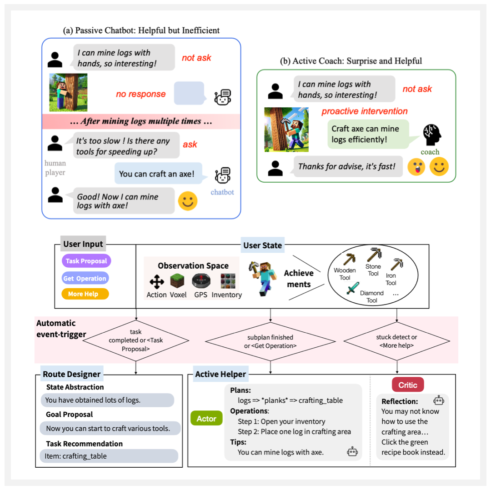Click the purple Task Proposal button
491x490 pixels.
coord(86,261)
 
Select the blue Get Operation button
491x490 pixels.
coord(85,278)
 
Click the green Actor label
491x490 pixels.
coord(206,418)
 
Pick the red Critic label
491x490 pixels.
coord(408,385)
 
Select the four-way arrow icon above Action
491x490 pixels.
coord(157,282)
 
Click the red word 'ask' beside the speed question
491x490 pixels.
coord(190,144)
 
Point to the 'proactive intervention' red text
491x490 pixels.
coord(364,111)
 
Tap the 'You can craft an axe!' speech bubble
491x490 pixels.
coord(156,174)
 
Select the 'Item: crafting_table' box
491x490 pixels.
coord(109,456)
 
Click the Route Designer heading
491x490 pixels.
coord(71,375)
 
